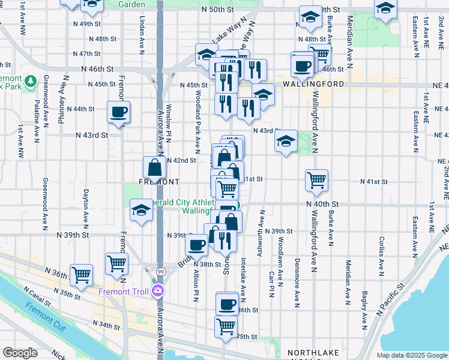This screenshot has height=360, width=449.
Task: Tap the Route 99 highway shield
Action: coord(160,272)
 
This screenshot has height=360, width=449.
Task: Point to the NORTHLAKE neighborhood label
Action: coord(313,352)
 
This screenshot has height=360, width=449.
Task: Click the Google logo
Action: coord(20,353)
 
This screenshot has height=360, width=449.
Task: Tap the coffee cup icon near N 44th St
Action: coord(118,111)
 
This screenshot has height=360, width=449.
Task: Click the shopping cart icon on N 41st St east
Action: coord(316,179)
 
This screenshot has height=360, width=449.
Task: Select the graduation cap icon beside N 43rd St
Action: coord(286,141)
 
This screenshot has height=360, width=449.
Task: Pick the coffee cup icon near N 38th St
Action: coord(196,244)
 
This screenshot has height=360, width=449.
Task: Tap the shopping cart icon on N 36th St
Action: coord(81,274)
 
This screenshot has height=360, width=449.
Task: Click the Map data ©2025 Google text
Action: coord(411,355)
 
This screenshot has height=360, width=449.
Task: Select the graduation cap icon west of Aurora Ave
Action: coord(141,211)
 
